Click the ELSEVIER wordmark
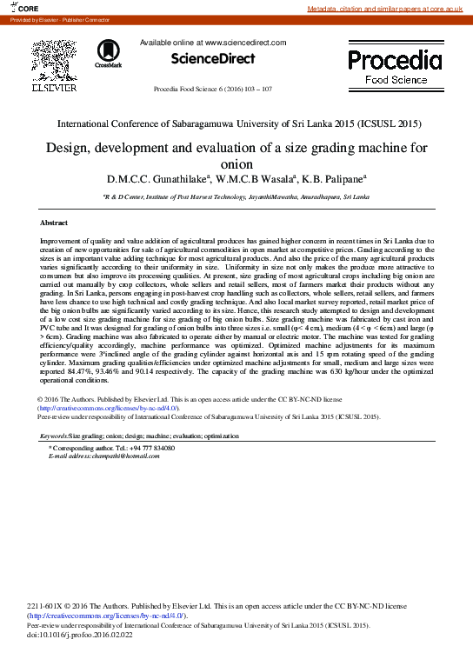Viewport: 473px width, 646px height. pos(54,88)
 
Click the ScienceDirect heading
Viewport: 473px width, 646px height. pos(213,58)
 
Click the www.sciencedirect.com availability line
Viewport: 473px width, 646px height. pos(213,42)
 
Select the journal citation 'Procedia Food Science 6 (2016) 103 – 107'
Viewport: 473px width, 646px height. pos(213,90)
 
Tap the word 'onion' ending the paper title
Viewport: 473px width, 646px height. pos(236,163)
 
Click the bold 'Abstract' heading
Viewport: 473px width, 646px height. pos(54,223)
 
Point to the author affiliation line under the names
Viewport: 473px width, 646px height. pos(236,198)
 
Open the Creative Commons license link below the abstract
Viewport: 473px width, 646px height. pos(109,408)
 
